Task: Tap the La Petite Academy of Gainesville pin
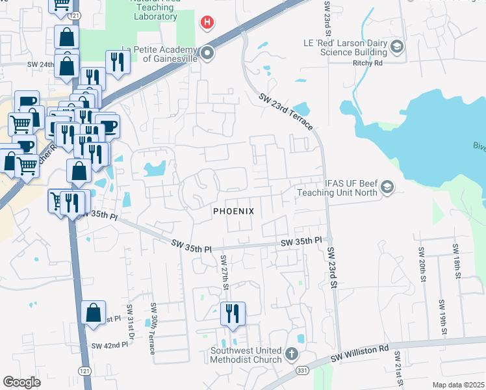pos(207,53)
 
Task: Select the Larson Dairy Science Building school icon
pos(397,46)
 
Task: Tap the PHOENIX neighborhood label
pos(233,212)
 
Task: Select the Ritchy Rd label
pos(369,63)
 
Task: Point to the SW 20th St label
pos(422,262)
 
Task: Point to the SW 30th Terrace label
pos(153,328)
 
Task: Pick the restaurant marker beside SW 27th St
pos(232,315)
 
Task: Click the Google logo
pos(21,382)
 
